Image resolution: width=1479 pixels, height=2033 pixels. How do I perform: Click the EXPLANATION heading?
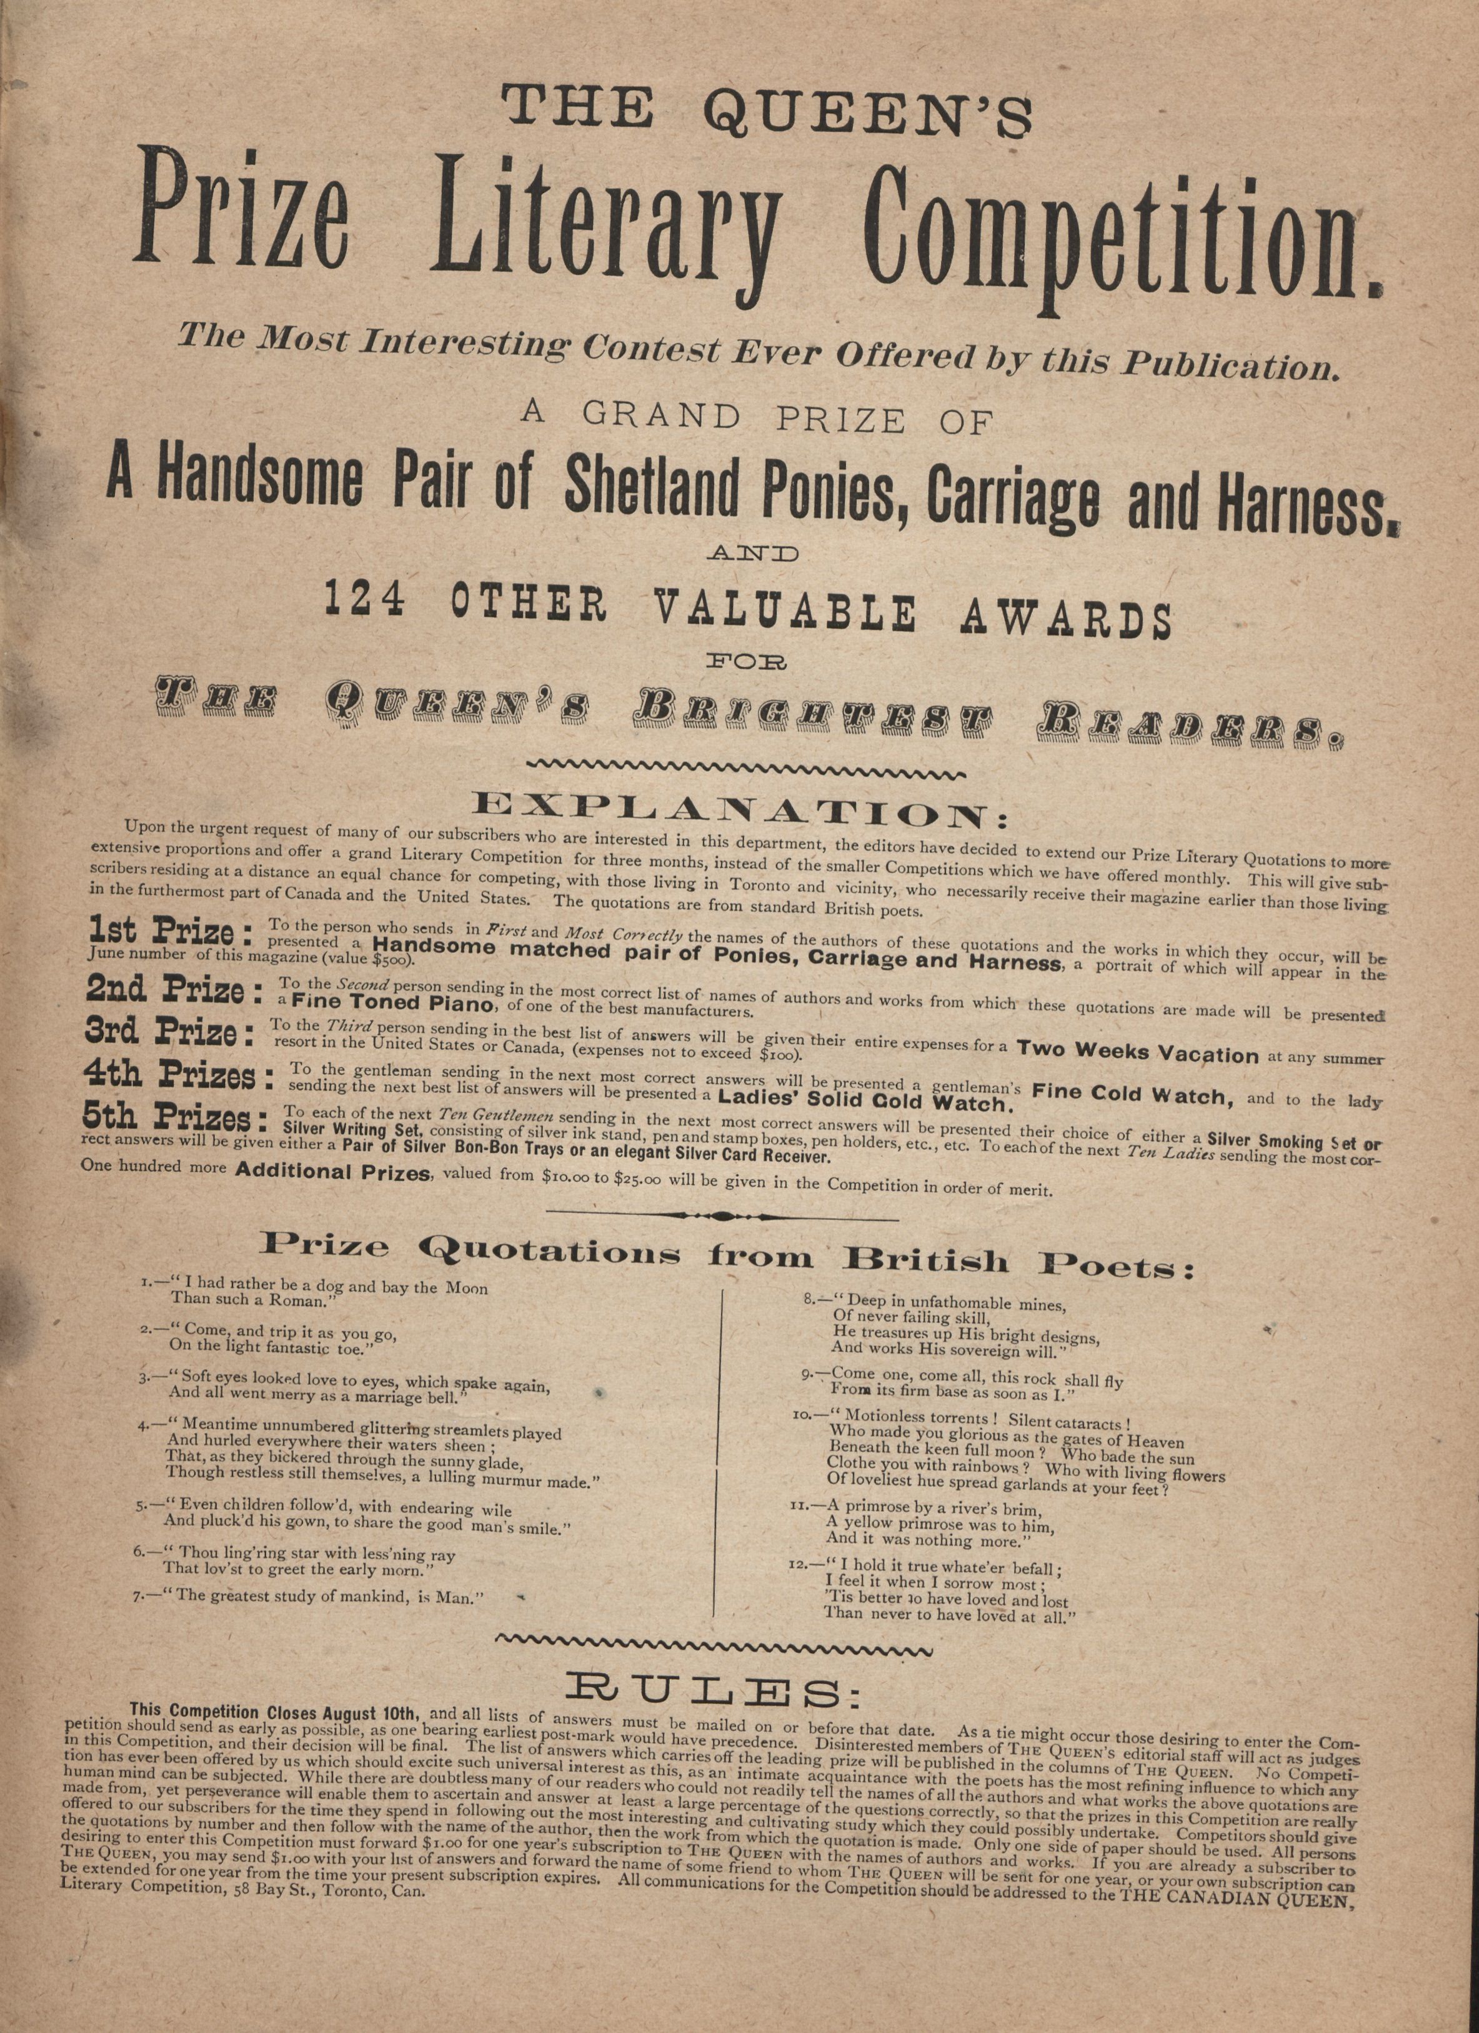coord(740,809)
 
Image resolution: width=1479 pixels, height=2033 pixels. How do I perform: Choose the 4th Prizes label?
coord(177,1076)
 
